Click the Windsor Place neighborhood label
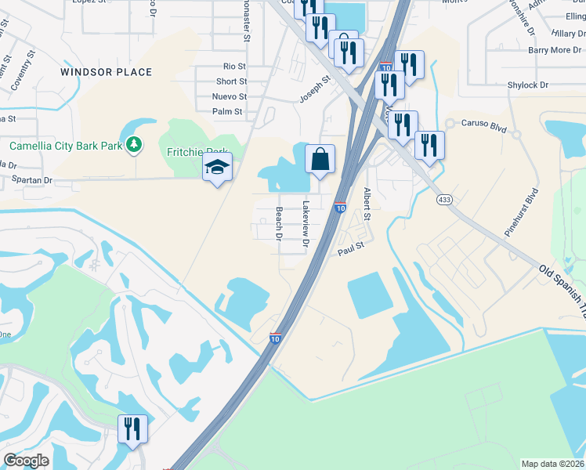tap(107, 72)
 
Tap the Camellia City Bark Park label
tap(66, 146)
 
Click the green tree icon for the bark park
tap(135, 144)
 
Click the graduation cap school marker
tap(218, 165)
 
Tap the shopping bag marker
tap(320, 159)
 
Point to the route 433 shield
tap(444, 201)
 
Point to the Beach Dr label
tap(278, 222)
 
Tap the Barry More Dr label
tap(553, 50)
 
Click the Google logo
tap(27, 461)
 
